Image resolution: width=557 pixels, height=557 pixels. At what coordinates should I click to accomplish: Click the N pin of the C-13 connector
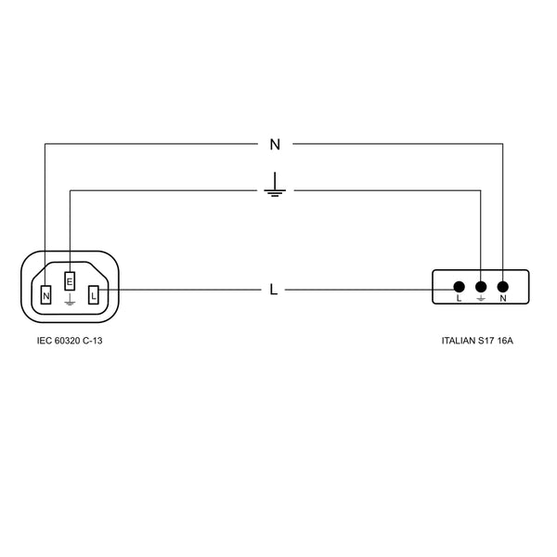pos(46,296)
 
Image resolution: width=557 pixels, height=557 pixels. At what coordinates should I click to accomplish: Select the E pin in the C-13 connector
pos(70,281)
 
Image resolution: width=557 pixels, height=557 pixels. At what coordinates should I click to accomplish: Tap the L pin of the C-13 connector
pos(94,296)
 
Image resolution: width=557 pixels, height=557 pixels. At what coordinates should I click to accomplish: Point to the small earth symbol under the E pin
pos(70,302)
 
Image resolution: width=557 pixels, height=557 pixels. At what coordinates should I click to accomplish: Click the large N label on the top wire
pos(274,144)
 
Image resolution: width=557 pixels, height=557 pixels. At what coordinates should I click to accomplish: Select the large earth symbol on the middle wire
pos(274,187)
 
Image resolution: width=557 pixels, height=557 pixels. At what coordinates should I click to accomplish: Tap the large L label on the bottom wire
pos(273,290)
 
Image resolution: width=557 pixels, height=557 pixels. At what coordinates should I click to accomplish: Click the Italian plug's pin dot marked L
pos(459,287)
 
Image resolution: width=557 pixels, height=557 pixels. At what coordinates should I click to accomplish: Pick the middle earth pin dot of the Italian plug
pos(481,287)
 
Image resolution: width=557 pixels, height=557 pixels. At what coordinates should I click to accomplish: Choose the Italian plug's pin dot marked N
pos(503,287)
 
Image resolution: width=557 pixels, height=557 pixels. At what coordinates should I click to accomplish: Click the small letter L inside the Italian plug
pos(459,300)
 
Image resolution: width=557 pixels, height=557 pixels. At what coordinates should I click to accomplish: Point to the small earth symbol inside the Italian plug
pos(481,300)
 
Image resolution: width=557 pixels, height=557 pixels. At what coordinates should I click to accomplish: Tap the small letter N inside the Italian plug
pos(503,300)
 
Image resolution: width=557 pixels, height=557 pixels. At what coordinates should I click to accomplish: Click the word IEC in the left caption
pos(44,342)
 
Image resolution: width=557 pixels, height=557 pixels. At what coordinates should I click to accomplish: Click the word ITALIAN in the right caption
pos(459,342)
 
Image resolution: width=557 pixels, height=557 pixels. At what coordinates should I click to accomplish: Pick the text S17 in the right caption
pos(487,342)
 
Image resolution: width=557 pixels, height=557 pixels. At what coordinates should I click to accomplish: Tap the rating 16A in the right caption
pos(505,342)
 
